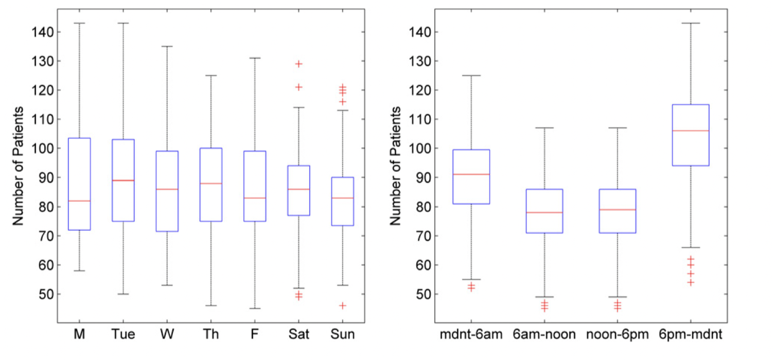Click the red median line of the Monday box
(79, 201)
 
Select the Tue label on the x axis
(123, 335)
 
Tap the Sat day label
(299, 335)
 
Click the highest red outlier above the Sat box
(298, 64)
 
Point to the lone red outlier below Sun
(343, 305)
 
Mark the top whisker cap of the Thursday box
(211, 76)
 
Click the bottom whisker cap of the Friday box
(255, 309)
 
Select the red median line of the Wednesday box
(167, 189)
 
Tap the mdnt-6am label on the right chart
(471, 335)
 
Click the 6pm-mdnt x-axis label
(691, 335)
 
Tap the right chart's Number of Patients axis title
(395, 166)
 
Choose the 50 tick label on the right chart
(419, 294)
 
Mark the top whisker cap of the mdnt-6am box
(471, 76)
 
